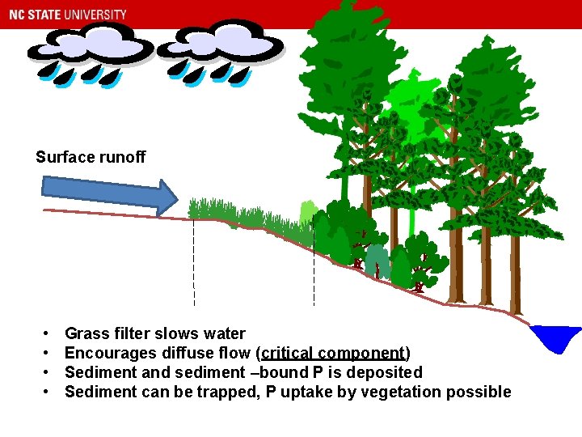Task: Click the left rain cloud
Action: [89, 46]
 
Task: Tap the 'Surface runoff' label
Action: [91, 157]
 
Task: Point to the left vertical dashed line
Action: [194, 259]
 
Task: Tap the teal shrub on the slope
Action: [376, 261]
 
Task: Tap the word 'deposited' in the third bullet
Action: [384, 372]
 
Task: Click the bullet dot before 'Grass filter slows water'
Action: [48, 333]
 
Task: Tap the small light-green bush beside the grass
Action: [307, 214]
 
